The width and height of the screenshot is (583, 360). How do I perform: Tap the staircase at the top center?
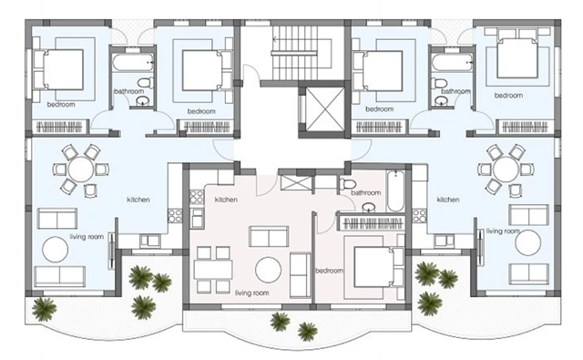tap(302, 53)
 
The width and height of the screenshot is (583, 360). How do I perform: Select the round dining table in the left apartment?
tap(81, 170)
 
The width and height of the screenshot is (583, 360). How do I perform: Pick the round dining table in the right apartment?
tap(506, 170)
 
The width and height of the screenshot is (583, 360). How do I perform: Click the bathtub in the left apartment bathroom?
tap(133, 63)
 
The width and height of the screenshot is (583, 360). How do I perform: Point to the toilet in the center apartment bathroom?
tap(347, 183)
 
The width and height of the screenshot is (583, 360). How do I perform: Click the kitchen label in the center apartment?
tap(226, 200)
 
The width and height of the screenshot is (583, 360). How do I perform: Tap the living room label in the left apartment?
tap(87, 237)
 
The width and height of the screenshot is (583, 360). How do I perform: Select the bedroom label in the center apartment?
tap(329, 271)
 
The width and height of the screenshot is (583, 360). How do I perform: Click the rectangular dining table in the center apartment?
tap(213, 269)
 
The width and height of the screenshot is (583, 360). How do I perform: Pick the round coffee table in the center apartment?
tap(268, 270)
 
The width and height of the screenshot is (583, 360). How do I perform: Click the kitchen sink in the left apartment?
tap(149, 241)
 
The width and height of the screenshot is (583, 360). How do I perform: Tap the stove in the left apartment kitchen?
tap(175, 216)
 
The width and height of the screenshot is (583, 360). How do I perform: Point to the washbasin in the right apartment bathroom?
tap(442, 100)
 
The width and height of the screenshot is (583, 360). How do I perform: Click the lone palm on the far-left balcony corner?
tap(44, 309)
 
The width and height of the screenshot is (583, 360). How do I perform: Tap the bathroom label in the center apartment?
tap(366, 192)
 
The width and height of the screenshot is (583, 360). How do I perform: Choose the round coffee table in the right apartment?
tap(528, 243)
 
